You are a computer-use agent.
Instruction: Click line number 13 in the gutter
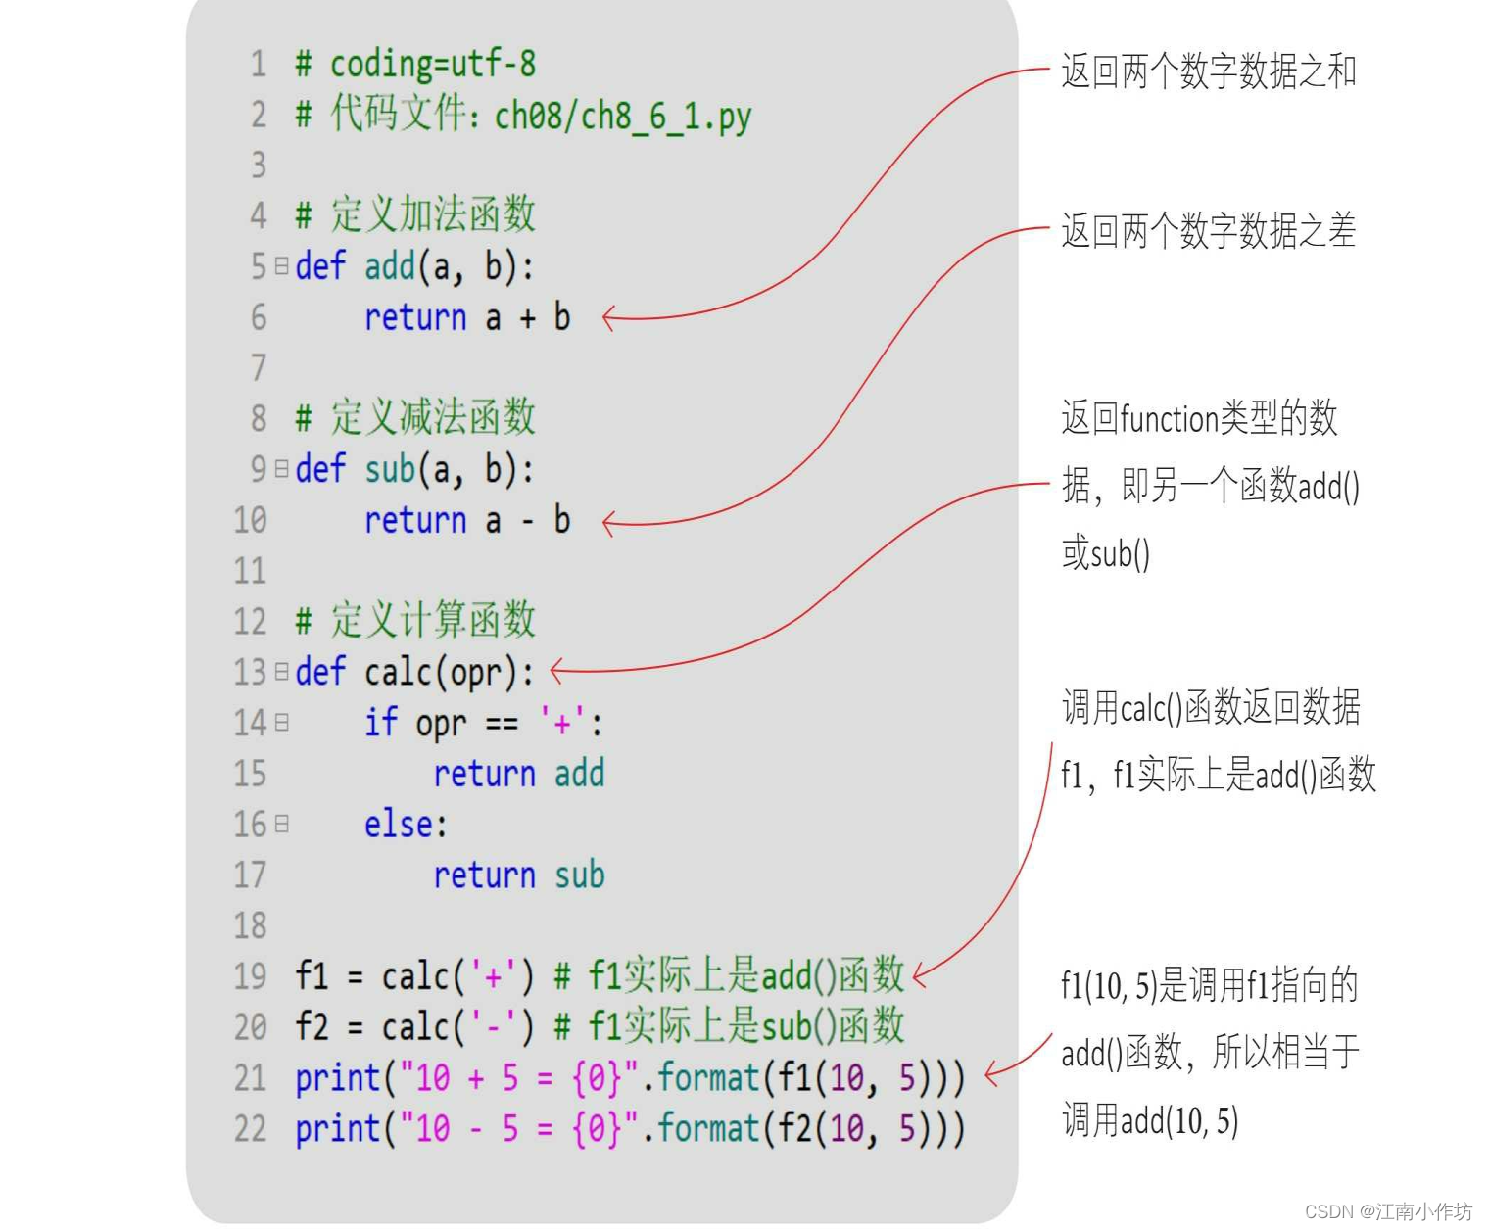pos(250,673)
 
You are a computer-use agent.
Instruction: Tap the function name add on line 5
pos(390,266)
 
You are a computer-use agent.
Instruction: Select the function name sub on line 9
pos(390,470)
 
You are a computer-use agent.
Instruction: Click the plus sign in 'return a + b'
pos(528,318)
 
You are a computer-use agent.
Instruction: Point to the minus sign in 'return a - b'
pos(528,521)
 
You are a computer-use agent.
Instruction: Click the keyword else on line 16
pos(404,825)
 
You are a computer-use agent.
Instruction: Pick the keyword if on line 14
pos(380,723)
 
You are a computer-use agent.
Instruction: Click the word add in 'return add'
pos(579,774)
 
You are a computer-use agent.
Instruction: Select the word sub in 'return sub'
pos(579,875)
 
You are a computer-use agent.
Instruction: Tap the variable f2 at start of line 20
pos(312,1026)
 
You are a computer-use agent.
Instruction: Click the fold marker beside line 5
pos(281,265)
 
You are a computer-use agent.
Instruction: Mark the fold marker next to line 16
pos(281,824)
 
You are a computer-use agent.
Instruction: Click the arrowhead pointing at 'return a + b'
pos(608,318)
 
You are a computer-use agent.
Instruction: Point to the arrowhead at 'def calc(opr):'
pos(556,671)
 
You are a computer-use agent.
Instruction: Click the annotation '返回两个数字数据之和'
pos(1208,71)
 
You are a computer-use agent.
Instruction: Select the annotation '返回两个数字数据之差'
pos(1208,231)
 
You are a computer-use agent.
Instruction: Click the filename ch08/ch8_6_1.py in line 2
pos(622,117)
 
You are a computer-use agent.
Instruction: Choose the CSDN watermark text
pos(1387,1211)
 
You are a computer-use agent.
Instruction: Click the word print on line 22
pos(337,1128)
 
